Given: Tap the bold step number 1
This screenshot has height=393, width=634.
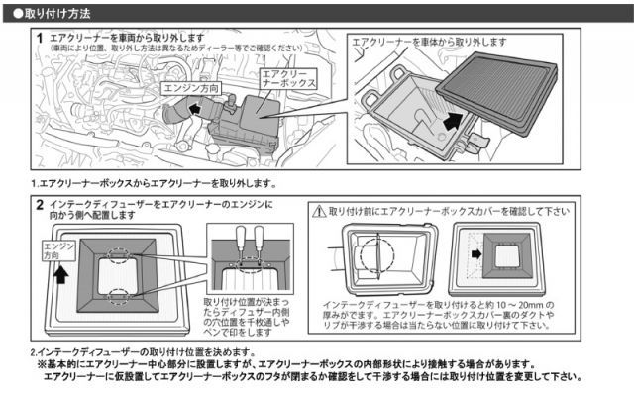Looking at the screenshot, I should point(39,37).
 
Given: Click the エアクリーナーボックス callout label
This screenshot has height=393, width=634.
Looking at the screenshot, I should point(287,79).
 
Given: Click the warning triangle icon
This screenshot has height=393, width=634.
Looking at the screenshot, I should point(319,211).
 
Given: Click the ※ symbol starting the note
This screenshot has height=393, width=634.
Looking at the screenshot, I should point(42,363).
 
